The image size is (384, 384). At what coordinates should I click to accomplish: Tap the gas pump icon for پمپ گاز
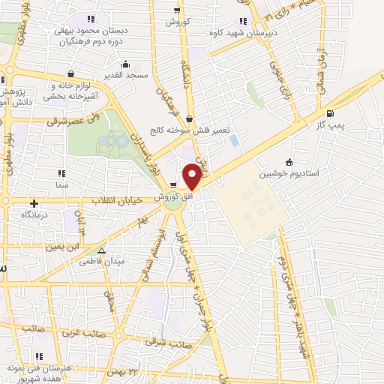click(331, 115)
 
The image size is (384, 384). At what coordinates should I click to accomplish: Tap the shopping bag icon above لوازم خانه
click(70, 73)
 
